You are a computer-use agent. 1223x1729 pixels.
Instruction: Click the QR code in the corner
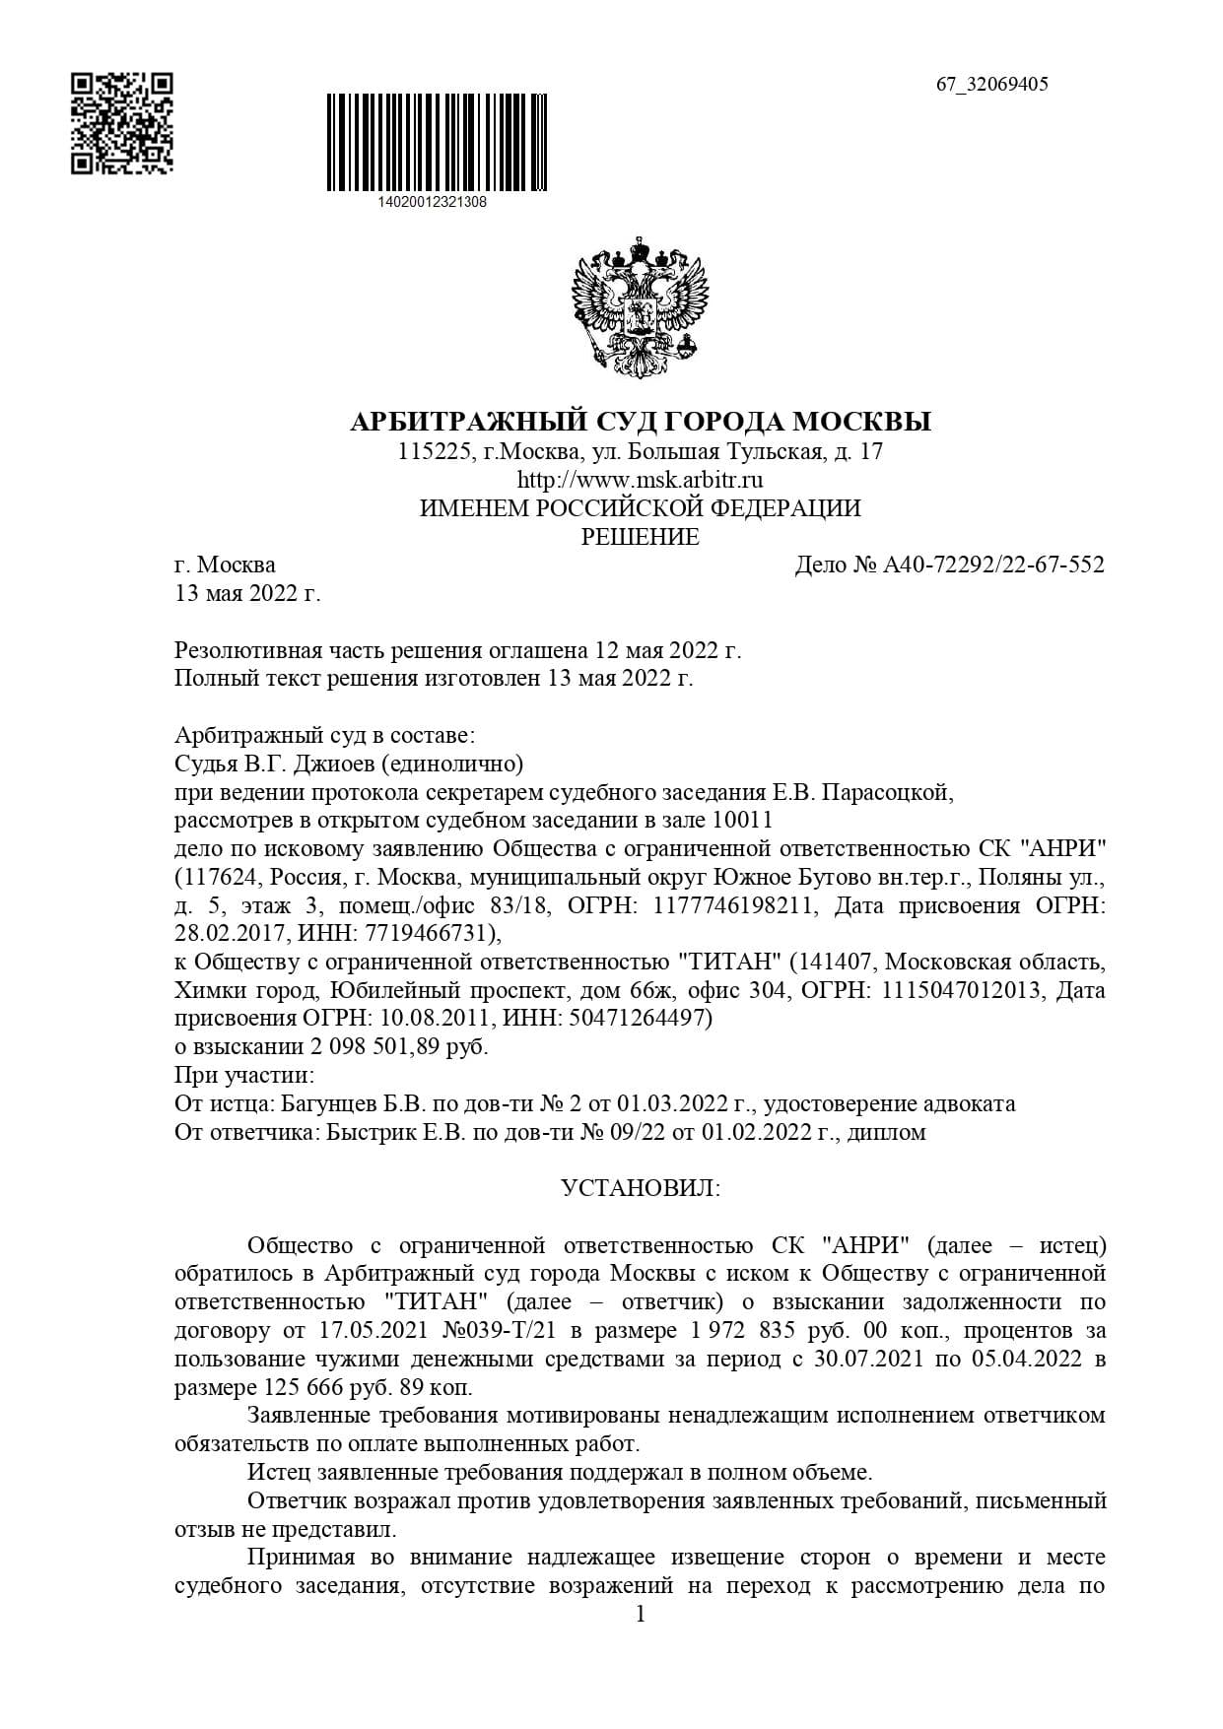[122, 123]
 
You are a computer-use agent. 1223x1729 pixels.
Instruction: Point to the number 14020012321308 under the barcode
[432, 202]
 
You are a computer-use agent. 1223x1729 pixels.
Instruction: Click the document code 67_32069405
[991, 84]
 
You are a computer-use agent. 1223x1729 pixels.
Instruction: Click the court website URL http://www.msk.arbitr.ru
[641, 481]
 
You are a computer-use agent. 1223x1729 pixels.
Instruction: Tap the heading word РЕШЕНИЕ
[641, 537]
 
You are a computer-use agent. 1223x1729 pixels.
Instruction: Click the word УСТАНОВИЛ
[641, 1188]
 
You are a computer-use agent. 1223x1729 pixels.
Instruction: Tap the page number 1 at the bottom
[641, 1615]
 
